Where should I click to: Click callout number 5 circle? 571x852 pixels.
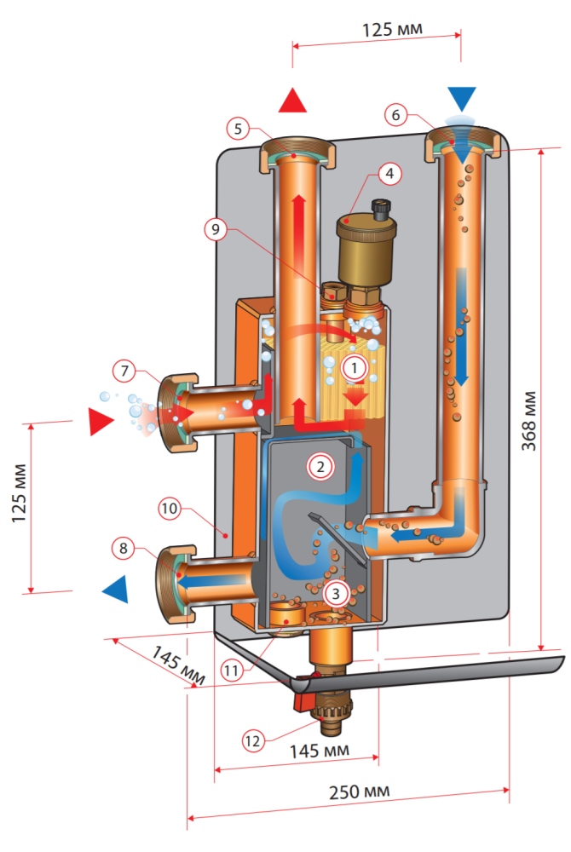[239, 129]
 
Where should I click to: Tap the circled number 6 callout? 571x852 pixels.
[394, 113]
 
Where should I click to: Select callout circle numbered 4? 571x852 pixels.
[389, 174]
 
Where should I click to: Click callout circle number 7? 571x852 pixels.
[124, 371]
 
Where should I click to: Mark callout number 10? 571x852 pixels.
[170, 509]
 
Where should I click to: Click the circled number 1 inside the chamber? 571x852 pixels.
[354, 369]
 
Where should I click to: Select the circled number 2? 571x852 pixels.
[320, 466]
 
